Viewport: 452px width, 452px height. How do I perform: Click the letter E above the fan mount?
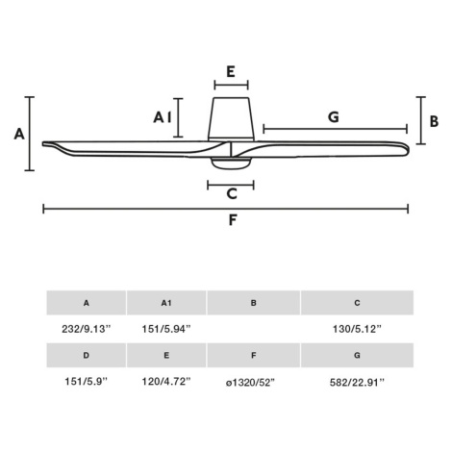coord(231,71)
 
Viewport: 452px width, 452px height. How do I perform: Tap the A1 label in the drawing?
coord(163,117)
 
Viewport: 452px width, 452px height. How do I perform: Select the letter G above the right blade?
coord(334,117)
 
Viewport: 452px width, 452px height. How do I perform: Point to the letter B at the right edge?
coord(434,121)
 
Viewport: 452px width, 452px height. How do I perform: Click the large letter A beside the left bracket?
coord(19,134)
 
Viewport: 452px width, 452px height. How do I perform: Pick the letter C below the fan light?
coord(232,193)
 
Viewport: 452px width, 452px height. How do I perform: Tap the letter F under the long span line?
coord(233,220)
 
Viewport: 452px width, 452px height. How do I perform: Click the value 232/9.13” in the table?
coord(87,329)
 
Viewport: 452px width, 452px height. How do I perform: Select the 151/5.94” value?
coord(166,329)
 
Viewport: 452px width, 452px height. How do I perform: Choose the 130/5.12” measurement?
coord(357,329)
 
